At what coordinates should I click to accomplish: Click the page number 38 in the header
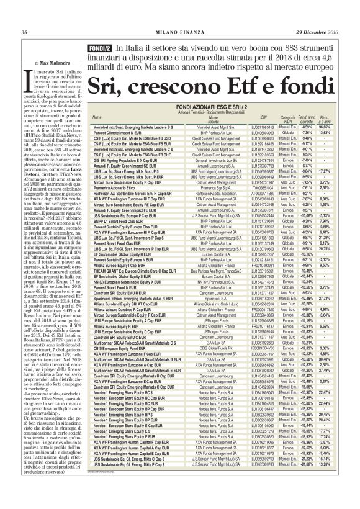(24, 32)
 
